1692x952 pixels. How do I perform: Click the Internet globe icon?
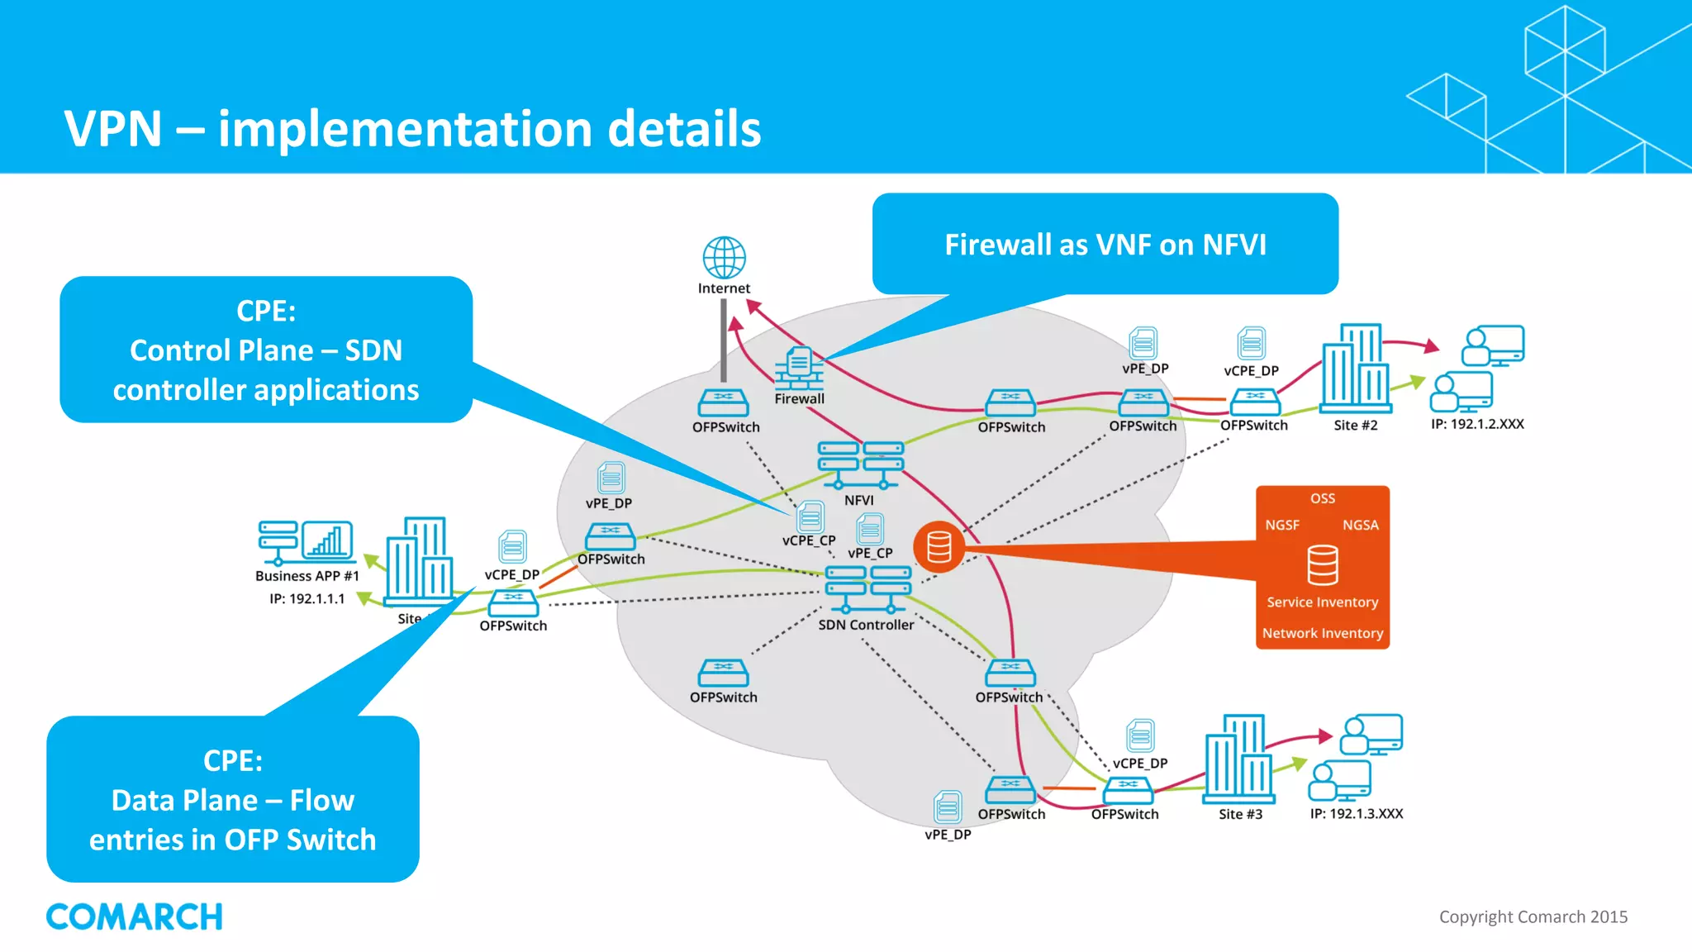724,258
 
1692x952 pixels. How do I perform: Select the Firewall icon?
799,368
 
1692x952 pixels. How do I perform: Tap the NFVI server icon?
860,465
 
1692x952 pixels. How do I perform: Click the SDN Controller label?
866,625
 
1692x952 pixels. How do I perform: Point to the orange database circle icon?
939,547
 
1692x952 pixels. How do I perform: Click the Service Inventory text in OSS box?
1322,602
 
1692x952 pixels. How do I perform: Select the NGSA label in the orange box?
1360,525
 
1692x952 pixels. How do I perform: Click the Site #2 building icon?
1355,369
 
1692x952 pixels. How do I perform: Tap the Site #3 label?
1240,814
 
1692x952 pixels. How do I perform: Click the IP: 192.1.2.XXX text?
1477,424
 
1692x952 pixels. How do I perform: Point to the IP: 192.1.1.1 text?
307,598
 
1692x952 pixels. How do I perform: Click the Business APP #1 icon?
306,542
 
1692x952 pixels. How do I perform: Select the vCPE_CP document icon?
810,516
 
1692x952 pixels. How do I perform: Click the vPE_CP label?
870,553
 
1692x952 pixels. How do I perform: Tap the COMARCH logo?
135,916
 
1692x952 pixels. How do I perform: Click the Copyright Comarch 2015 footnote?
1533,916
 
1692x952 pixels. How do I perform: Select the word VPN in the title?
113,129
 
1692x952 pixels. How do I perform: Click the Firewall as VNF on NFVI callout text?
1105,245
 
